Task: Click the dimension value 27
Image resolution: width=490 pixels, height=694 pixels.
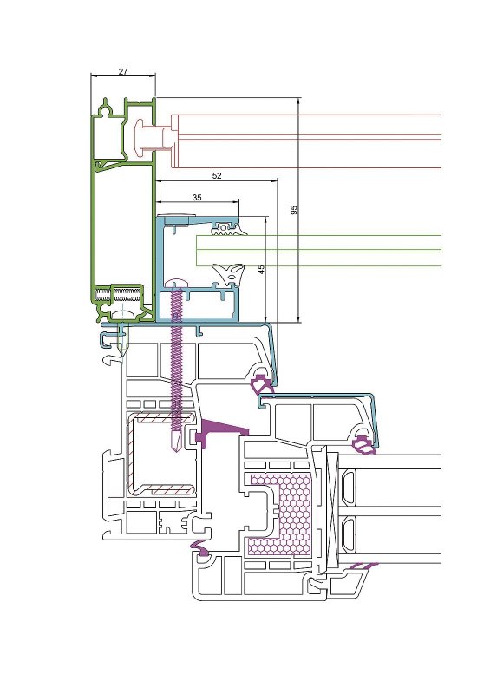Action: (x=123, y=71)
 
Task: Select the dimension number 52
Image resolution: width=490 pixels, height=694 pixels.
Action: (x=217, y=176)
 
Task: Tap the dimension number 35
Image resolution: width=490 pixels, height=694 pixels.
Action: (x=197, y=198)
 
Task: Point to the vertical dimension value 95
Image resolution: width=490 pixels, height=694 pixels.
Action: (x=294, y=210)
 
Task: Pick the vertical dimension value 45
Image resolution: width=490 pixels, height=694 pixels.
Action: (x=261, y=270)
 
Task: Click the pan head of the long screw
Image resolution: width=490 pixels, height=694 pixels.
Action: (x=176, y=284)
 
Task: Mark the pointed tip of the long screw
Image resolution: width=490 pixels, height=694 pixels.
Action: (x=176, y=450)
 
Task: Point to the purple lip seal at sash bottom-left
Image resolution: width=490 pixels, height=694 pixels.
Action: (x=200, y=549)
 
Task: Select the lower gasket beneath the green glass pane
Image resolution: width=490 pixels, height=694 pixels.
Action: (x=229, y=273)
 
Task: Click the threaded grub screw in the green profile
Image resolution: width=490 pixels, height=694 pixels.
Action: (x=119, y=294)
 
